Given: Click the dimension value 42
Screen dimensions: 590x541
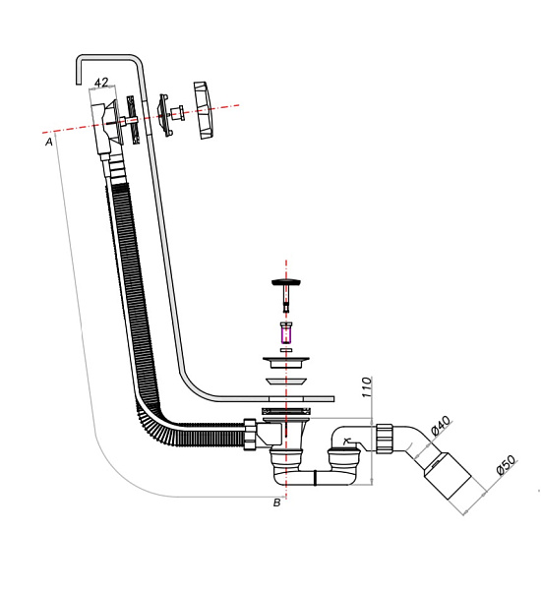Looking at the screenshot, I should [x=100, y=84].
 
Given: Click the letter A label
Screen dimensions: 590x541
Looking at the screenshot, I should [x=48, y=142].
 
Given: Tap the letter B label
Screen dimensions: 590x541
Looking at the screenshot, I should [x=277, y=501].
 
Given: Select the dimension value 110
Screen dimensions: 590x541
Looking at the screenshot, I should [x=366, y=386].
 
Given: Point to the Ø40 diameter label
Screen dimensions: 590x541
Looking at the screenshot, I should [x=441, y=426].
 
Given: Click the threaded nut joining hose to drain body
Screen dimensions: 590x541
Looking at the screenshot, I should [x=251, y=434].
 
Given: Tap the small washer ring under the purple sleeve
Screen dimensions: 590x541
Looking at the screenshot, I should [x=286, y=346].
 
